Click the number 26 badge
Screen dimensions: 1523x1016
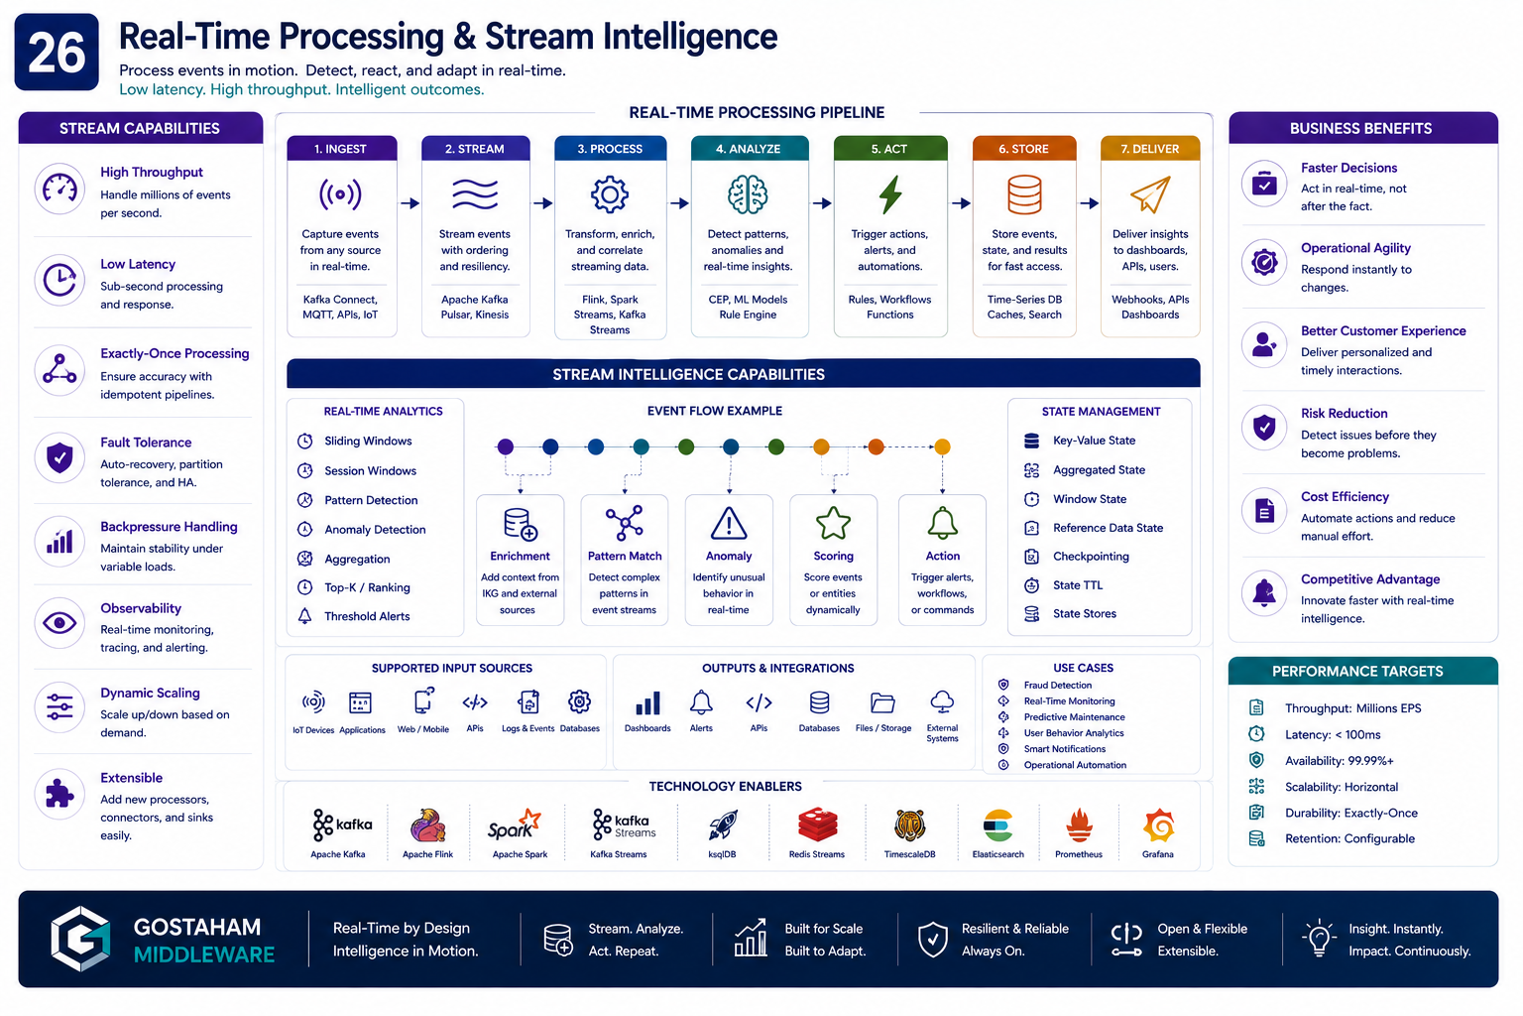pos(57,52)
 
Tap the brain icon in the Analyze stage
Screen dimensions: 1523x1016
pos(748,194)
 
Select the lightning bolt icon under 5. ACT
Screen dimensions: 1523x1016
pos(890,194)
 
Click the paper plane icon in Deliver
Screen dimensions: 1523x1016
pos(1150,193)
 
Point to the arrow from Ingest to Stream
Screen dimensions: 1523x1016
pos(410,202)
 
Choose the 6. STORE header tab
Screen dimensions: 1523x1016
pos(1024,149)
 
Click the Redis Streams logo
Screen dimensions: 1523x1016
pos(817,825)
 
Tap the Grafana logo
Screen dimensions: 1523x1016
pos(1158,825)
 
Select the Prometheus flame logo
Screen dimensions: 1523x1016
pos(1079,825)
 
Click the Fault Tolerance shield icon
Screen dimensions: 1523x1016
pos(59,457)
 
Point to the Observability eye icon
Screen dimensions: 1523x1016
pos(59,623)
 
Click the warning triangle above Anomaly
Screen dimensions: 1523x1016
pos(729,523)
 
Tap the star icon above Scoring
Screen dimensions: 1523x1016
pos(833,523)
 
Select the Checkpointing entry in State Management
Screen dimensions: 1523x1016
pos(1091,556)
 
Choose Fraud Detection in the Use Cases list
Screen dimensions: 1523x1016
pos(1057,686)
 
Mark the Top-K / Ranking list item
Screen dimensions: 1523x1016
pos(367,587)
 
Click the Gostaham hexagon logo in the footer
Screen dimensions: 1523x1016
pos(81,939)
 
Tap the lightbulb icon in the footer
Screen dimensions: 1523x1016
pos(1319,939)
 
